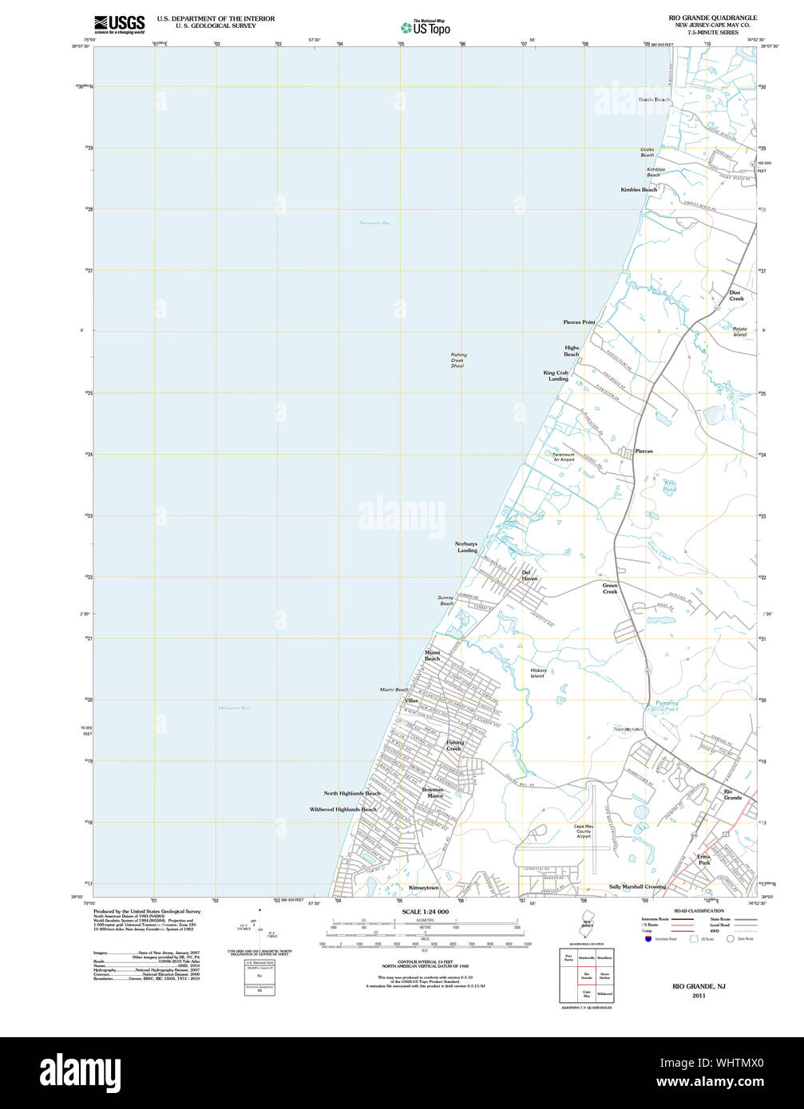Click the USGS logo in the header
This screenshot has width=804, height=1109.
click(119, 23)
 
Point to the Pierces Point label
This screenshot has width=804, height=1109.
click(579, 322)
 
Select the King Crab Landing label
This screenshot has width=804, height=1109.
click(556, 376)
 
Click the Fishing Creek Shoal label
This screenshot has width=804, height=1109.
click(457, 360)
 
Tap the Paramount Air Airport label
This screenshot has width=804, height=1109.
click(563, 457)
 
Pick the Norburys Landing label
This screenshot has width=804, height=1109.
click(466, 547)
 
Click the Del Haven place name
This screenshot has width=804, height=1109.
click(529, 575)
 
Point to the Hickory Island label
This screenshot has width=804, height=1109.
click(538, 673)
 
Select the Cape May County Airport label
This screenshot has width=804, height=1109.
click(584, 831)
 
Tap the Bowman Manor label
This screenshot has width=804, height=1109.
click(433, 793)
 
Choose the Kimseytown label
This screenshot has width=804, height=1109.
click(424, 887)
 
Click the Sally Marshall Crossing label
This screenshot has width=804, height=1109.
click(637, 886)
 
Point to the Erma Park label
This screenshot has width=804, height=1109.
click(703, 860)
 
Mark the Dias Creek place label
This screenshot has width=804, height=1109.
click(735, 295)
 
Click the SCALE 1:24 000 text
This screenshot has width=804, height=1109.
click(426, 912)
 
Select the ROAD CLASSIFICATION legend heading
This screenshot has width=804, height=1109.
click(699, 911)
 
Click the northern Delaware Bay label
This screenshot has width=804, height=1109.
click(374, 223)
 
